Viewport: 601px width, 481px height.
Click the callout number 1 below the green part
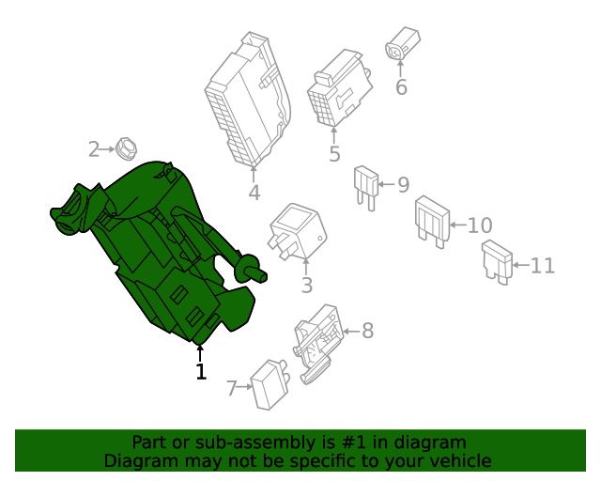200,372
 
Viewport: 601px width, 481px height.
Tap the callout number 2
94,148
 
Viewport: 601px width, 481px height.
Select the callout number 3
307,286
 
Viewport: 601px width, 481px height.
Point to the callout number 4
254,194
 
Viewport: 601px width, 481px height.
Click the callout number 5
334,154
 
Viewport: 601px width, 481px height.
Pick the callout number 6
401,87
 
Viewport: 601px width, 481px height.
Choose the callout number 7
232,388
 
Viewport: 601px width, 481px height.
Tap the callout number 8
367,331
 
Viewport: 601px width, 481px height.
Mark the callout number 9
403,185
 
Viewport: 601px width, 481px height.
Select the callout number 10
479,225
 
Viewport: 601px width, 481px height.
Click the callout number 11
542,266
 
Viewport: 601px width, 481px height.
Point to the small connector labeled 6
402,45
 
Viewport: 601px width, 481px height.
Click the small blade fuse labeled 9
364,184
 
